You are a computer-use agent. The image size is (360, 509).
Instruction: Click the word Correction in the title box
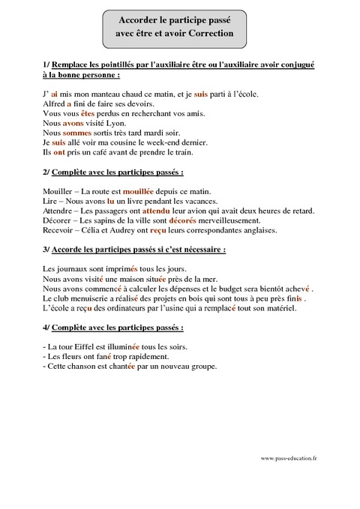coord(211,34)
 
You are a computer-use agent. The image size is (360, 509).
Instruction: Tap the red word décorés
coord(187,220)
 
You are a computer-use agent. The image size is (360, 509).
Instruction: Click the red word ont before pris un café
coord(59,151)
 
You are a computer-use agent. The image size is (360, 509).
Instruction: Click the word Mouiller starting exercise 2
coord(58,191)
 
